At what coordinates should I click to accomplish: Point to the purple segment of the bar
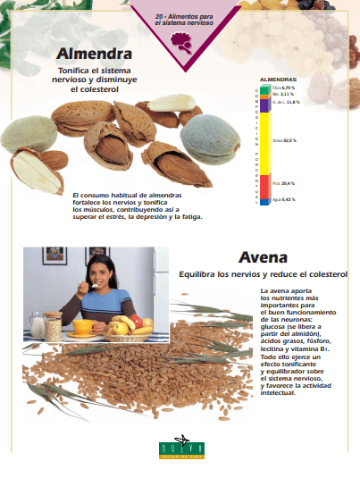point(264,103)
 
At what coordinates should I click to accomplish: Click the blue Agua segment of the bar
point(264,200)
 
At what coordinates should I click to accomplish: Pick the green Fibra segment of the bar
point(264,88)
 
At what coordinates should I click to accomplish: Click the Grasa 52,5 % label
point(284,140)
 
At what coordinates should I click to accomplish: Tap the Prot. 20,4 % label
point(283,183)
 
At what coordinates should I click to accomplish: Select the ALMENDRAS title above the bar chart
point(278,79)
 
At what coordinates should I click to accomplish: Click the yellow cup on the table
point(82,326)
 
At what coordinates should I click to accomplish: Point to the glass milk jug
point(37,323)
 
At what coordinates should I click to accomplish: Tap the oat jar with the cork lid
point(54,326)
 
